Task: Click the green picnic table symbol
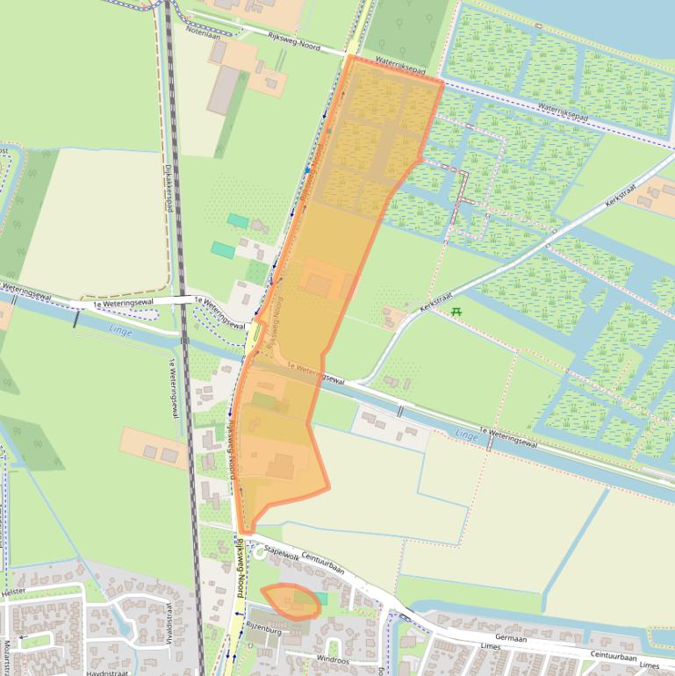(456, 312)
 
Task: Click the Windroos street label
(333, 657)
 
